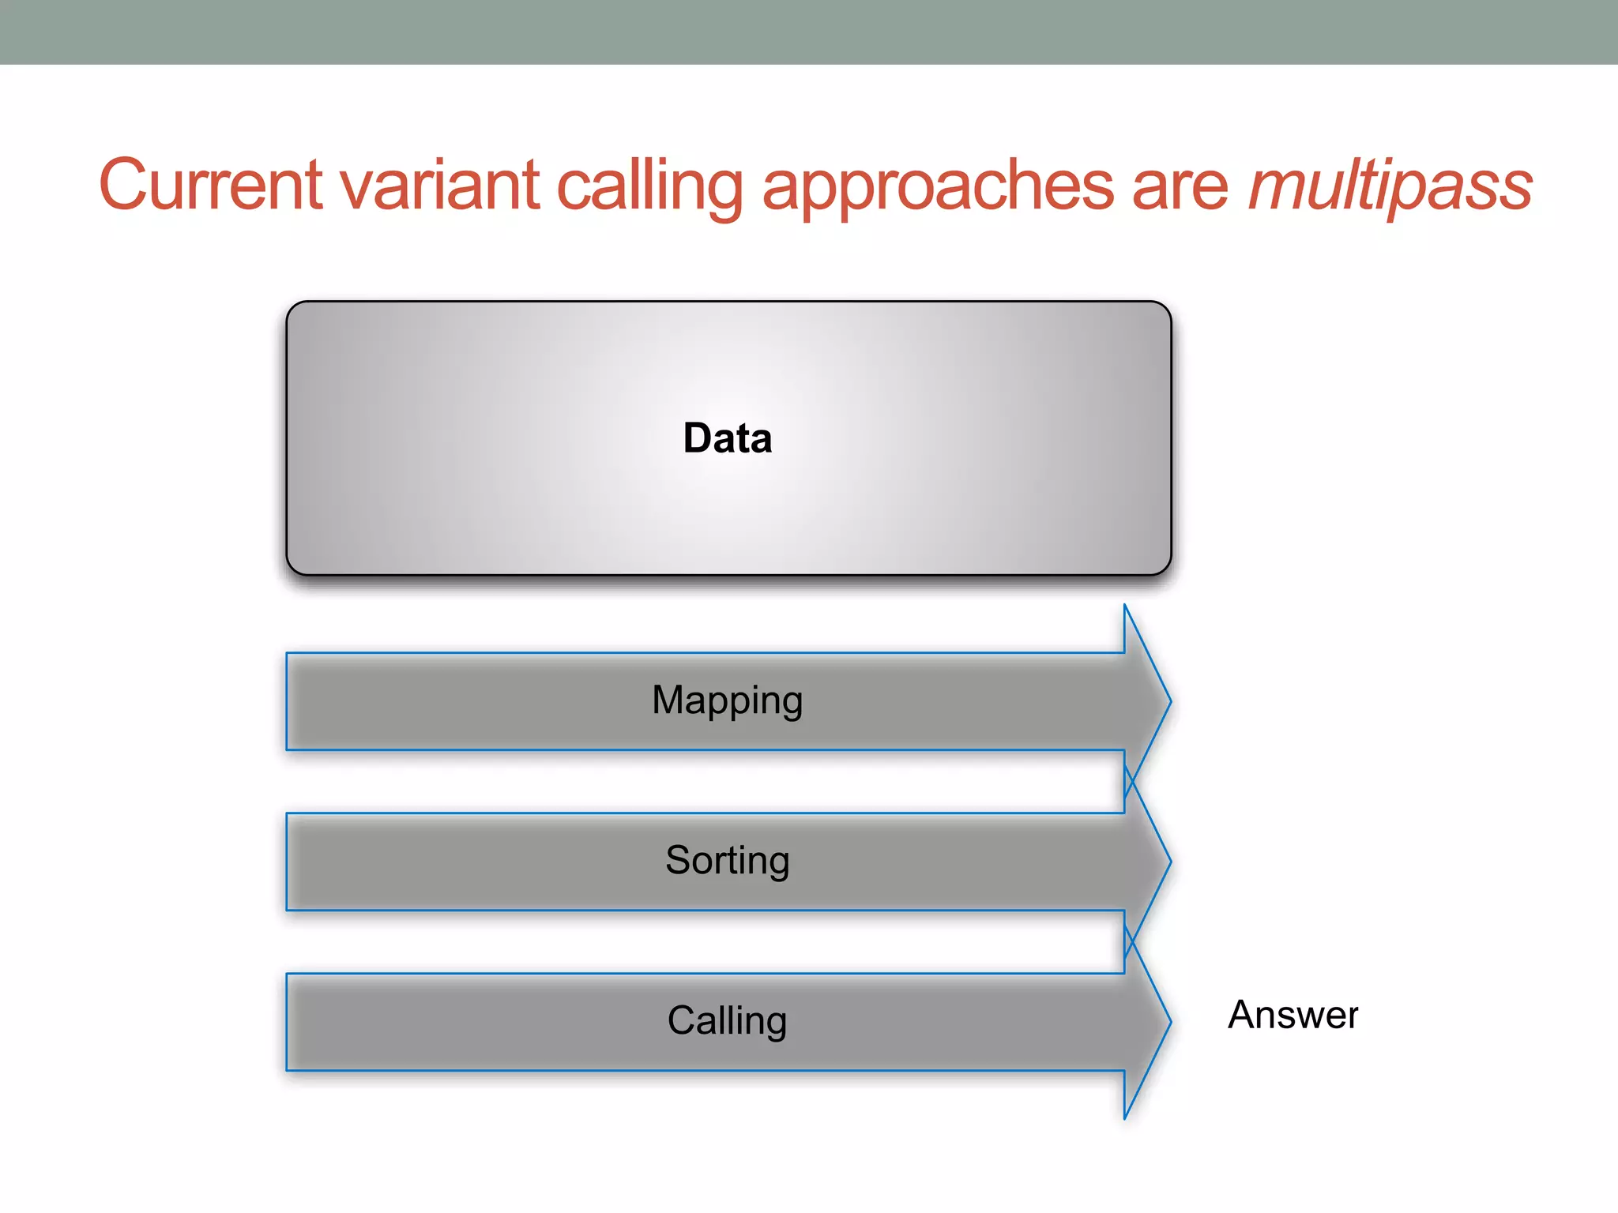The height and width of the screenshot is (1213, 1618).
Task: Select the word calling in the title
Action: click(x=649, y=186)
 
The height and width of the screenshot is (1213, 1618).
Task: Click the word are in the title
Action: click(x=1180, y=186)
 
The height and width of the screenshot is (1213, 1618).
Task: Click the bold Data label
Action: click(x=728, y=438)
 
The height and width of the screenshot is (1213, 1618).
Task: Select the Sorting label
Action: click(x=728, y=861)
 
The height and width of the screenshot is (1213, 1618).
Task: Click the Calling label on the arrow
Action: click(x=728, y=1020)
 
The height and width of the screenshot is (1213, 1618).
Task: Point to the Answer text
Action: click(x=1293, y=1015)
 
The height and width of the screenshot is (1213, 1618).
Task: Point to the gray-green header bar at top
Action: click(x=809, y=32)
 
